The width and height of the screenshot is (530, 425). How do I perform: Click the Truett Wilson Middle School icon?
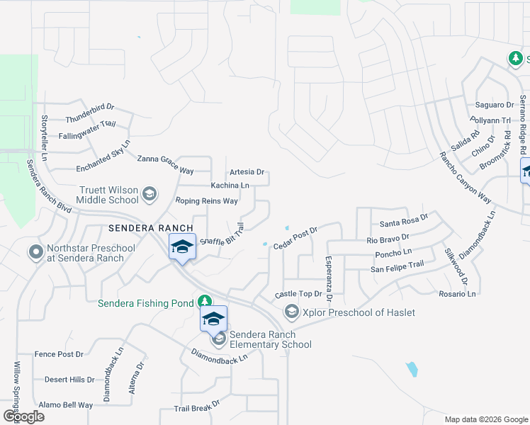[150, 193]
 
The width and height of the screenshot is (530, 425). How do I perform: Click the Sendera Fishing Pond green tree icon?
[205, 302]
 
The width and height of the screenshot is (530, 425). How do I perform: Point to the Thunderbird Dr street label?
[90, 108]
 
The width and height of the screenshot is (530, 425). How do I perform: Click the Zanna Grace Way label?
[165, 170]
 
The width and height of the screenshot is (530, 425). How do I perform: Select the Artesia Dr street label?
[247, 172]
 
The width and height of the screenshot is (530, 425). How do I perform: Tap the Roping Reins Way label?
[206, 201]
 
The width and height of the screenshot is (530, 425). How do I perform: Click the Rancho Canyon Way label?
[465, 178]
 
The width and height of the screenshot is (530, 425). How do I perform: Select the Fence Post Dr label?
[59, 353]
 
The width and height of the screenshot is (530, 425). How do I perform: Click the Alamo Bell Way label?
[66, 405]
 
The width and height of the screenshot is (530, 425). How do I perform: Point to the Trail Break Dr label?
[197, 409]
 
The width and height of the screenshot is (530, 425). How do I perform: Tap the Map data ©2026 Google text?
[485, 419]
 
